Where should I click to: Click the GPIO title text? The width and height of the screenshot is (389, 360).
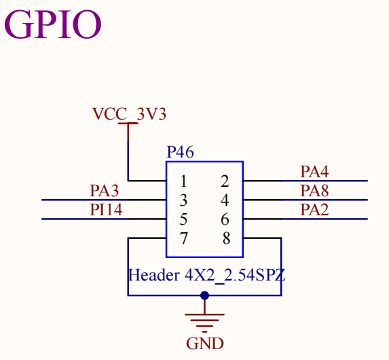[52, 24]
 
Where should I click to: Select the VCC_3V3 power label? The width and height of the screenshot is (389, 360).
[129, 114]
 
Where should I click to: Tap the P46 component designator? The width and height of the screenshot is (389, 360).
[181, 152]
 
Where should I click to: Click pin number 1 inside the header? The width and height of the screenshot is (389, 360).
[183, 181]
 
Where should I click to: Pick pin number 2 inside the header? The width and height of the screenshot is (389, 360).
[225, 181]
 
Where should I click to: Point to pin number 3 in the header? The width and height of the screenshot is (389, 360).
[183, 200]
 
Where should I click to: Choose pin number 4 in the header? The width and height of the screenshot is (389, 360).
[225, 200]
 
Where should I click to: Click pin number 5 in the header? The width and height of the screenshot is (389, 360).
[183, 219]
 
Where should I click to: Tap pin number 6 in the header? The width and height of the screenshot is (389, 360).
[225, 219]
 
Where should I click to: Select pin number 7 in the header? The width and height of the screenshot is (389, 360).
[183, 238]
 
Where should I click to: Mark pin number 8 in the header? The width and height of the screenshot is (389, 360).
[226, 238]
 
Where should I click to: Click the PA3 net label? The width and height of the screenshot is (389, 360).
[104, 191]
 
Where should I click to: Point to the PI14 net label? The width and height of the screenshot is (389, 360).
[106, 210]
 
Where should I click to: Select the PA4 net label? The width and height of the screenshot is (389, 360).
[314, 172]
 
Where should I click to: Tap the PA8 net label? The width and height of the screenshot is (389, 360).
[314, 191]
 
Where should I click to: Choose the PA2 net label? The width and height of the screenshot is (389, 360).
[314, 210]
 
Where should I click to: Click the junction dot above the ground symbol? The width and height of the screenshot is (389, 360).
[204, 295]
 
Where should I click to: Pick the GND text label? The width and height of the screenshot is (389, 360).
[205, 344]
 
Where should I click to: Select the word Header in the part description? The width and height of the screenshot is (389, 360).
[154, 275]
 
